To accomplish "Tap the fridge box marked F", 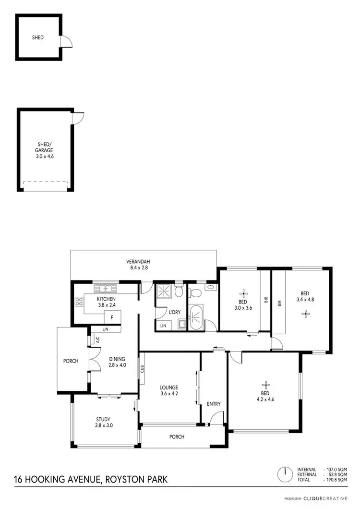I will pos(112,317).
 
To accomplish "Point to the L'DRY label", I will pos(175,312).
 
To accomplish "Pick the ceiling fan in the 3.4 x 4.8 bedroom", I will pos(305,314).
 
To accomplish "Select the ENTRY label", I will pos(214,404).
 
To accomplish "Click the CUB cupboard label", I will pos(143,369).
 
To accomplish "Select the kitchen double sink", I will pos(106,289).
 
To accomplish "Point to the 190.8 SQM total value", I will pos(336,480).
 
